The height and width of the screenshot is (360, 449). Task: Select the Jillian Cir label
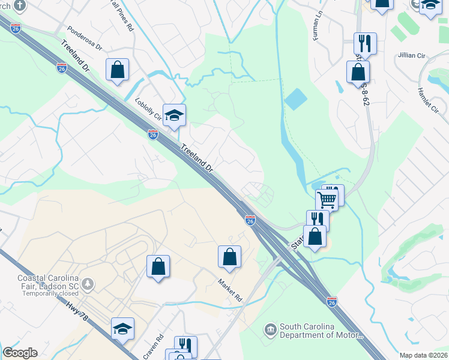(x=411, y=55)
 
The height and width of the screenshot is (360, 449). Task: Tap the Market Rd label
(x=229, y=290)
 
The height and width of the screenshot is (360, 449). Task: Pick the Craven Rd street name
(x=158, y=346)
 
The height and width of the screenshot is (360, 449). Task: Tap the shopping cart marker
(x=327, y=199)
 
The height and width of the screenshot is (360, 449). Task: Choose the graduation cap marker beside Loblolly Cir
(x=174, y=115)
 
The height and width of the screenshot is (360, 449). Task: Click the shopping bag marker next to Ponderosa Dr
(x=118, y=69)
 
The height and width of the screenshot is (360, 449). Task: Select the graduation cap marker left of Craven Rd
(x=122, y=329)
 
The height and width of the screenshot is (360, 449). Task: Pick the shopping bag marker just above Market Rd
(x=229, y=257)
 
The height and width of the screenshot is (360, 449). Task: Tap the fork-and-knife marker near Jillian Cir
(x=365, y=43)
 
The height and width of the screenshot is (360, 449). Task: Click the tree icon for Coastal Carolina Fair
(x=89, y=283)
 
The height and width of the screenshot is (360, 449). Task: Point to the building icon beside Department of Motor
(x=270, y=329)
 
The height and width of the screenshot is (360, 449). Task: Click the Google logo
(x=20, y=353)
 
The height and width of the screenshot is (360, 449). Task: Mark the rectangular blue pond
(x=295, y=99)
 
